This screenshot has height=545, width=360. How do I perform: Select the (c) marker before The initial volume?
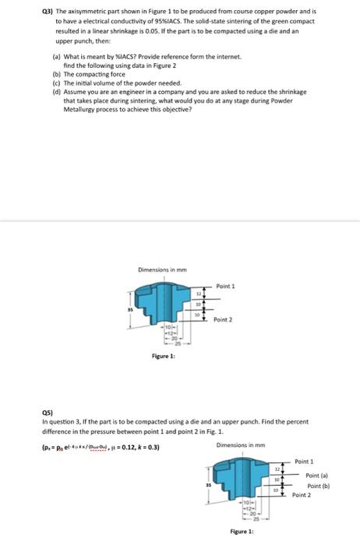[55, 82]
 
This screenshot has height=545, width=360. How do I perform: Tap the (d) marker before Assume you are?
[55, 90]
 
